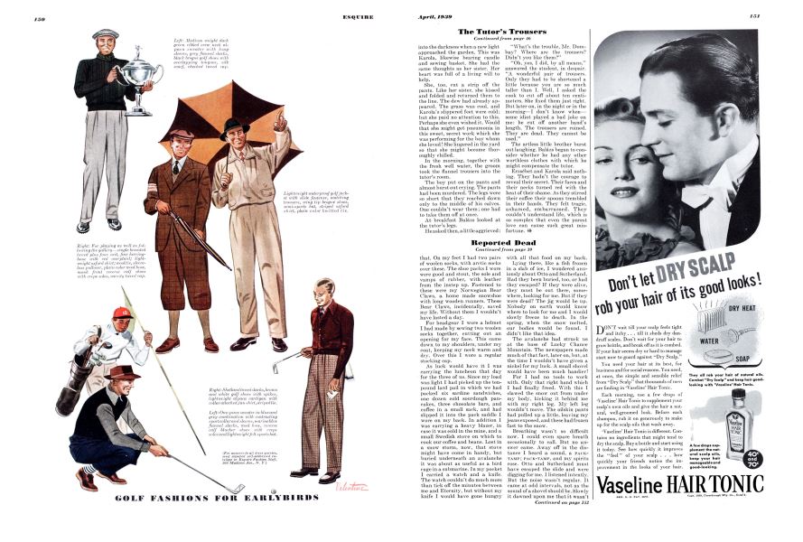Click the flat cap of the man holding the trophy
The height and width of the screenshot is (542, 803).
[106, 33]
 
